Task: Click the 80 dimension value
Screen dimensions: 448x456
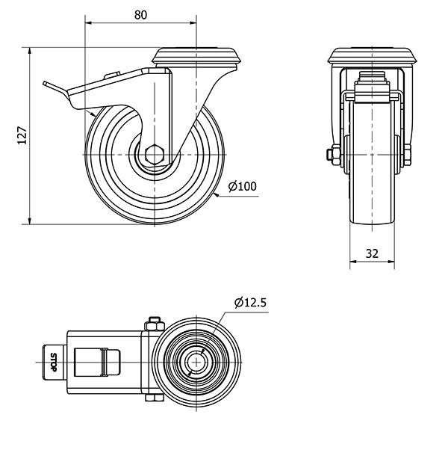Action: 140,15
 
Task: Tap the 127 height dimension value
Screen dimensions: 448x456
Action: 22,135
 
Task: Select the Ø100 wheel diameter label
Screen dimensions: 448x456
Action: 243,186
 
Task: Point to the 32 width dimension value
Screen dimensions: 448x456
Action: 372,253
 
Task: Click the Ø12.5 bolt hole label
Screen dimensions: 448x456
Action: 250,303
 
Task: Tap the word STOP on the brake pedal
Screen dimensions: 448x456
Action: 54,362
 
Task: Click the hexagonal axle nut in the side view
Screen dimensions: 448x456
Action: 155,155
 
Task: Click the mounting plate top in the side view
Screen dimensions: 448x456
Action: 196,56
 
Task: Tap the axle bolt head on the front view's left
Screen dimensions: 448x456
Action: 330,155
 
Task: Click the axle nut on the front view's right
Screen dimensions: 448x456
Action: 408,154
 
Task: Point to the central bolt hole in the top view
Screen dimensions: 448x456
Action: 196,363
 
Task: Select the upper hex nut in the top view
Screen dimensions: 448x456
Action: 155,324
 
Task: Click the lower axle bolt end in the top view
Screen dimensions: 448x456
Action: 155,398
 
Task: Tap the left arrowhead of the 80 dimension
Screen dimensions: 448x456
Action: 88,22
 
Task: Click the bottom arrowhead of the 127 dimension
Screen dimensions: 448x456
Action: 29,221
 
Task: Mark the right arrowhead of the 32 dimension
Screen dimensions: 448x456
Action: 391,262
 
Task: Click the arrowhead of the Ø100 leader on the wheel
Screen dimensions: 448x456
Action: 217,194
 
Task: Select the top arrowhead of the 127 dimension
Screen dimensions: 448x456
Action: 29,51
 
